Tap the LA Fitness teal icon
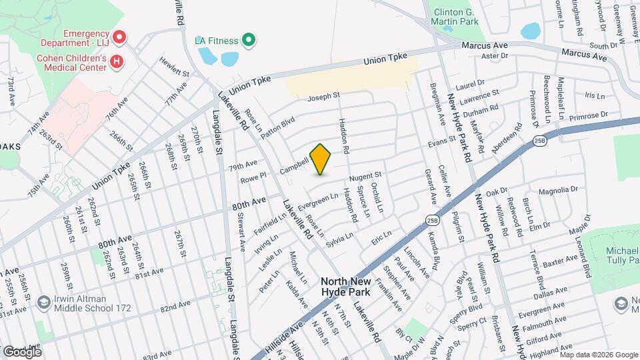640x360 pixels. coord(248,41)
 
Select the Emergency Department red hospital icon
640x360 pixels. coord(119,36)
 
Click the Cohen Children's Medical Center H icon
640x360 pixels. coord(117,62)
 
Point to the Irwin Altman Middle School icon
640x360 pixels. coord(44,301)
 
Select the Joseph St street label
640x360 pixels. coord(323,97)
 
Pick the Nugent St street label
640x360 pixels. coord(365,176)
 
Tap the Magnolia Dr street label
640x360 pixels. coord(557,191)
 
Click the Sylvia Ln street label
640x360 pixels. coord(339,238)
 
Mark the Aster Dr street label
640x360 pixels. coord(494,56)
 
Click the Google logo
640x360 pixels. coord(22,351)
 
